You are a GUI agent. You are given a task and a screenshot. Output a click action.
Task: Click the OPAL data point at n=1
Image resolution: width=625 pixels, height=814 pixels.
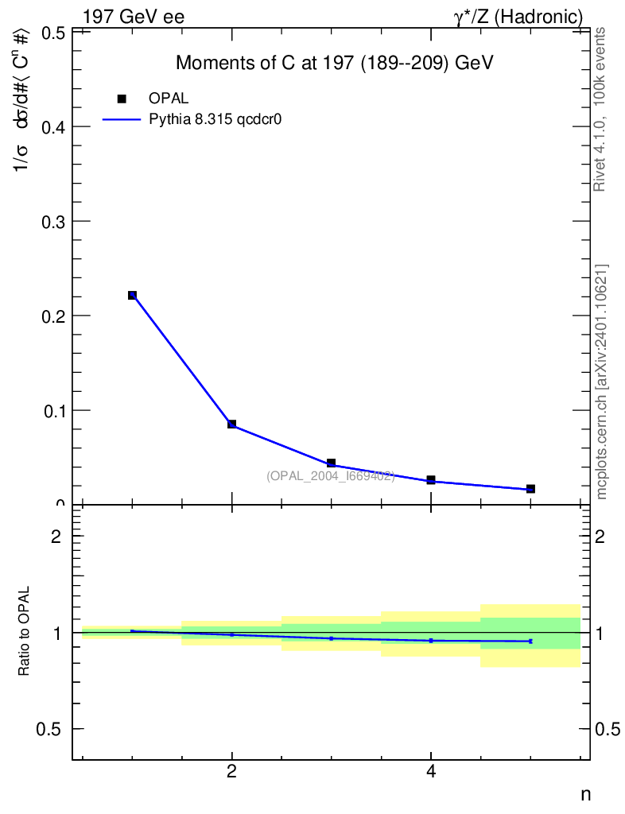[132, 295]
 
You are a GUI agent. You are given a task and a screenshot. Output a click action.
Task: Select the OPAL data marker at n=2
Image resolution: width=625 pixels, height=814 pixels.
[231, 424]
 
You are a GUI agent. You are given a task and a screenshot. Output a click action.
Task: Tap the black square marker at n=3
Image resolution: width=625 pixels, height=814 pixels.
[331, 463]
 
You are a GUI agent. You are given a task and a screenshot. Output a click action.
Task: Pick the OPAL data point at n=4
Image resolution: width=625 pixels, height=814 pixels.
[430, 480]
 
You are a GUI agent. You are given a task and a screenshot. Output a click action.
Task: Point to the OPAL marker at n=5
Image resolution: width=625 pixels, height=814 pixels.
[530, 488]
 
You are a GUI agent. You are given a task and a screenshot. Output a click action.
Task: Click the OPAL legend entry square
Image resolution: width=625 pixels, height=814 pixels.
[122, 99]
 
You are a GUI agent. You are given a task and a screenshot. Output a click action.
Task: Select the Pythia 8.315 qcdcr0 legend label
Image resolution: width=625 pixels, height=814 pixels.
[216, 120]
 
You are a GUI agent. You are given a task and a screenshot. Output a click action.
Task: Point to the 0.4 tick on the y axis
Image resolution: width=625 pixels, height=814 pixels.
[52, 126]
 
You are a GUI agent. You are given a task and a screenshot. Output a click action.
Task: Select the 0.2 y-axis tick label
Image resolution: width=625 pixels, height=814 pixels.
[52, 316]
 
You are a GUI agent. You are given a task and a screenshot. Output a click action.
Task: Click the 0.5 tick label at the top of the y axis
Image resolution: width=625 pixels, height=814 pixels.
[52, 33]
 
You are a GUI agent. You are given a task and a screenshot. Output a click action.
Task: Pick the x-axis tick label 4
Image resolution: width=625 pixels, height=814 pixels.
[430, 770]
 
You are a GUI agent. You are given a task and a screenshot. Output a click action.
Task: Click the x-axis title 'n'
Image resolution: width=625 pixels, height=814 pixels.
[585, 793]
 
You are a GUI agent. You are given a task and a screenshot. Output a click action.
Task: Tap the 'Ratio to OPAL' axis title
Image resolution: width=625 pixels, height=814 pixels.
[24, 632]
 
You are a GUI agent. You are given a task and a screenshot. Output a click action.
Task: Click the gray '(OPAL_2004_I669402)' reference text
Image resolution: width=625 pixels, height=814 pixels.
[330, 475]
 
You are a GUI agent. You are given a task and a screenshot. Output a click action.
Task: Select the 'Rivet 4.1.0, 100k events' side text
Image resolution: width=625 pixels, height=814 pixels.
[600, 109]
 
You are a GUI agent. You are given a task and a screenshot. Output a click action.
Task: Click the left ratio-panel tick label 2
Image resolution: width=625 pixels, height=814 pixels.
[56, 536]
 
